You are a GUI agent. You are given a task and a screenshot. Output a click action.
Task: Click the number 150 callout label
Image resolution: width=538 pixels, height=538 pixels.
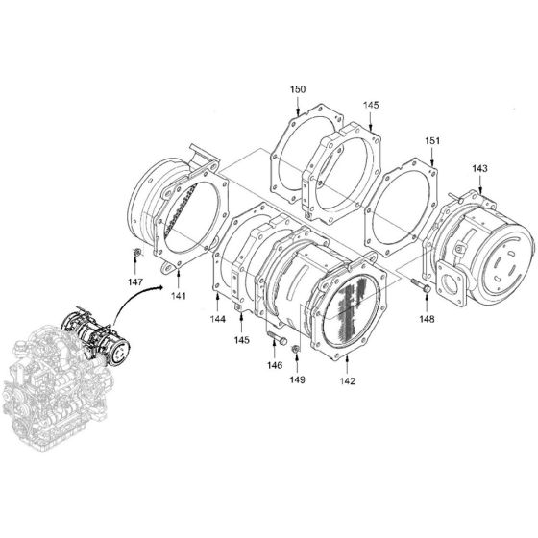tap(298, 89)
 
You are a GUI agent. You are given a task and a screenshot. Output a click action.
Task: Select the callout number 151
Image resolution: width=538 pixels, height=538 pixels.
tap(433, 141)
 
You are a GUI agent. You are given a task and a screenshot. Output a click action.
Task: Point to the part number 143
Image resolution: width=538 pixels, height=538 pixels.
tap(479, 169)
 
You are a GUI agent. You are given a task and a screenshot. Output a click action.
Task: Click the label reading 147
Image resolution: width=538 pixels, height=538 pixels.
tap(137, 284)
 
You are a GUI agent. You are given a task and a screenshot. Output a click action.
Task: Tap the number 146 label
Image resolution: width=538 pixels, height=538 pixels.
tap(275, 365)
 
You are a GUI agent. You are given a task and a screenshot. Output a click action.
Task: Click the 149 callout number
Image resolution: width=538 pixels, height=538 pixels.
tap(298, 380)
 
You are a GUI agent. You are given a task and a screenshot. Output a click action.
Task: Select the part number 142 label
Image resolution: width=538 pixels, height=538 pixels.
tap(347, 381)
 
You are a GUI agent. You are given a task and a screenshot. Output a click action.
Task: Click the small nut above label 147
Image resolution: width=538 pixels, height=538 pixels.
tap(137, 254)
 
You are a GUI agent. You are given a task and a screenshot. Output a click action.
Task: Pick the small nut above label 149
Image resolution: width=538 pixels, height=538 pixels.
tap(296, 349)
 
